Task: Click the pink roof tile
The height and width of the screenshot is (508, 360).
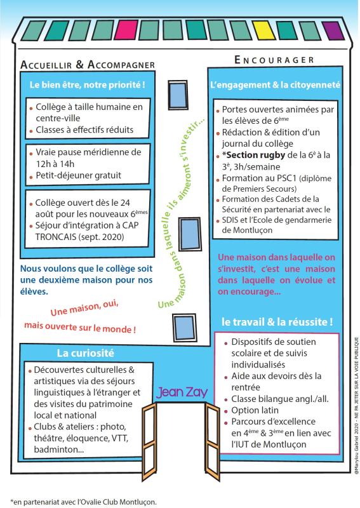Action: pos(126,30)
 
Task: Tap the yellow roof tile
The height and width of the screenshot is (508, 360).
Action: pos(263,30)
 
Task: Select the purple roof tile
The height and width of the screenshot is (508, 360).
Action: pos(333,31)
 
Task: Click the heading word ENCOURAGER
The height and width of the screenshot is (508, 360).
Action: pos(274,60)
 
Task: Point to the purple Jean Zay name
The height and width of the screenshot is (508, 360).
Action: pos(182,392)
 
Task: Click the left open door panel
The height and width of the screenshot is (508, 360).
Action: pos(149,441)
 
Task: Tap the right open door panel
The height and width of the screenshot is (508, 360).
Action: pos(212,441)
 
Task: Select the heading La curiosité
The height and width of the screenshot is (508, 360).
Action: pos(86,353)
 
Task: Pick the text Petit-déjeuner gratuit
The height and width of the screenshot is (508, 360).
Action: pos(79,176)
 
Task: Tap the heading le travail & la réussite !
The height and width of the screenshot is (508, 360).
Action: pos(277,322)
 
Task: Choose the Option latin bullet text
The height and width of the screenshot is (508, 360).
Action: pos(255,410)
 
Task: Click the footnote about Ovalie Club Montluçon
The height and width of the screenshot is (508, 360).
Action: pos(84,502)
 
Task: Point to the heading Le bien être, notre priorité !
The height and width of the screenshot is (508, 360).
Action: pos(88,85)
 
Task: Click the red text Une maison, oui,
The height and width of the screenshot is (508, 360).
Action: pos(84,308)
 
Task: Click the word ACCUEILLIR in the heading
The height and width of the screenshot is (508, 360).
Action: pos(46,65)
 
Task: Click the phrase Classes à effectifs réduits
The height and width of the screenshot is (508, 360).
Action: pos(84,130)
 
